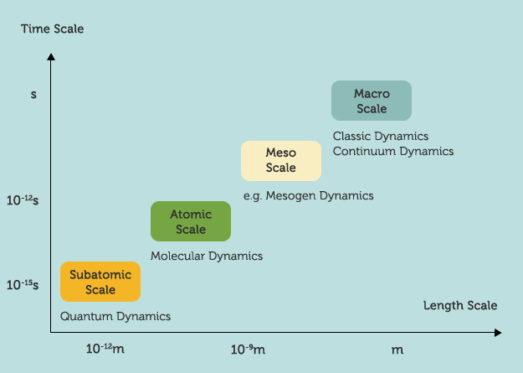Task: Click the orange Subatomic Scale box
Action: point(100,282)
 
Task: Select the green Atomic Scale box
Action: point(191,221)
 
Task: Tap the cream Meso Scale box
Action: point(281,161)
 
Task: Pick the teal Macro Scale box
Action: point(372,101)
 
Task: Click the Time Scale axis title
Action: point(53,29)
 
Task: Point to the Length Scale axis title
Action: point(459,305)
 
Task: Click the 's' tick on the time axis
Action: point(33,94)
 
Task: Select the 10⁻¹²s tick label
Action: point(23,201)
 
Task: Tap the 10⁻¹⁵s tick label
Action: point(23,285)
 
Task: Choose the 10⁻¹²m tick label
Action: point(105,348)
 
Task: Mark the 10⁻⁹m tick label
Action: point(248,348)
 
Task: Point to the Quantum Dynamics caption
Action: point(115,316)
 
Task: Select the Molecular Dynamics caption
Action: point(207,256)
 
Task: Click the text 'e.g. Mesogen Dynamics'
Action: point(308,195)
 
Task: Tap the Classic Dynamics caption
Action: point(381,136)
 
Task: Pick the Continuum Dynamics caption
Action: point(393,151)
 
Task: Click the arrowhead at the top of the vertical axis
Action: point(52,58)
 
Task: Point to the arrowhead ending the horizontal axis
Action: point(497,333)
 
